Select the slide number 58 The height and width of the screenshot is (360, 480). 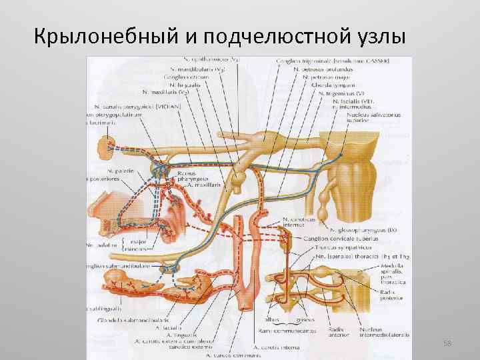(447, 343)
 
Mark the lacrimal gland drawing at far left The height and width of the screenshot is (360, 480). (109, 144)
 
